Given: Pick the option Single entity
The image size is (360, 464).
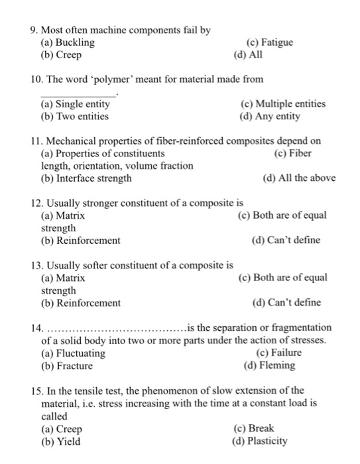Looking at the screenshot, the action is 76,104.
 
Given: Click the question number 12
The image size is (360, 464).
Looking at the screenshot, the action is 38,203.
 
